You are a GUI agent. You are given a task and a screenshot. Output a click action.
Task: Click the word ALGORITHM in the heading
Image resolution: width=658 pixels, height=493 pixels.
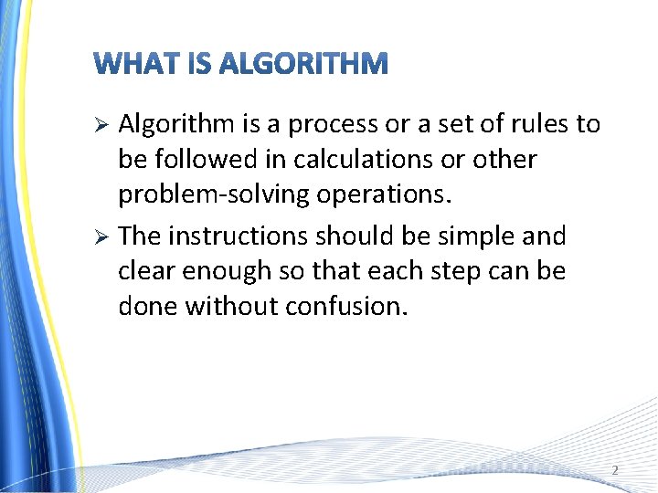304,64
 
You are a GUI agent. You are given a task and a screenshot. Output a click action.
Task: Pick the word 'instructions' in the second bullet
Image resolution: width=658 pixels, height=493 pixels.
238,236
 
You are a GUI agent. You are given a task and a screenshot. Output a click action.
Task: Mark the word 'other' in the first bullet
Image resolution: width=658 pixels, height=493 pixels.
504,159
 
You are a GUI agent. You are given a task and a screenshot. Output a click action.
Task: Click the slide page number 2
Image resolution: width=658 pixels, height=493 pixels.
614,470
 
